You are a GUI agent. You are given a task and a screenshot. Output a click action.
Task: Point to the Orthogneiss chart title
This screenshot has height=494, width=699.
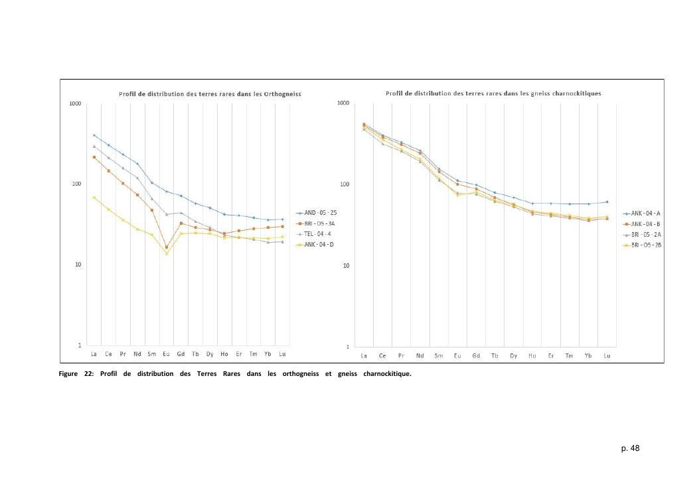point(210,94)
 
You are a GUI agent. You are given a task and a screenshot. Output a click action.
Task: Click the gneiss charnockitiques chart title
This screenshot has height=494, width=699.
point(493,93)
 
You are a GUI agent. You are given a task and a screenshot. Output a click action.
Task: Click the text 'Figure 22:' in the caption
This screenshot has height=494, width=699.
point(73,373)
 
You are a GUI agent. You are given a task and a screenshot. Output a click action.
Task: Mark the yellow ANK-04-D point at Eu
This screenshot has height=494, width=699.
point(166,254)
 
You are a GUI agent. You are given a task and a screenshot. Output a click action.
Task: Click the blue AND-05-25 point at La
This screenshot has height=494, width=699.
point(94,135)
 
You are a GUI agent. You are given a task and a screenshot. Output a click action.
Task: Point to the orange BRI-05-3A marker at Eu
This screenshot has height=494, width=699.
point(166,247)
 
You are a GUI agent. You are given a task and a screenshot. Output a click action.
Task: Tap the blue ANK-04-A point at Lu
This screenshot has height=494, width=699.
point(607,202)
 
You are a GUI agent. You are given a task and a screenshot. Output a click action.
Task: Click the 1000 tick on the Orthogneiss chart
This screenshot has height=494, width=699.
point(74,103)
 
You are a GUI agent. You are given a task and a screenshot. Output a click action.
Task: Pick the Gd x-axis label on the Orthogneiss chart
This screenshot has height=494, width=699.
point(181,353)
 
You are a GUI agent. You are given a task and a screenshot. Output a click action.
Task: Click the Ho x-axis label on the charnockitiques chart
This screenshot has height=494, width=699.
point(532,356)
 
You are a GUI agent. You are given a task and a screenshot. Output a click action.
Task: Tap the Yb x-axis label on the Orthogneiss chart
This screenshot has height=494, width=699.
point(268,353)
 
